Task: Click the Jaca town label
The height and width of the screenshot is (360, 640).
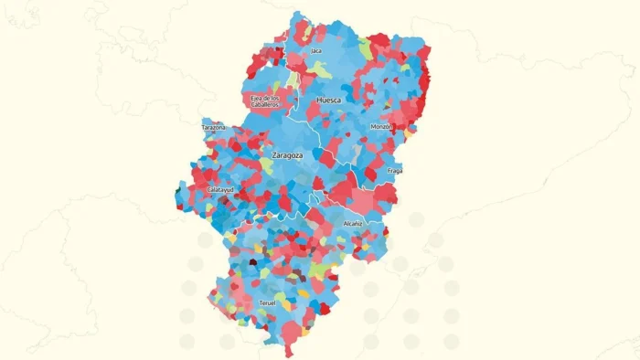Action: [316, 51]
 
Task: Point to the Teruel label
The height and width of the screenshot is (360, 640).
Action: [268, 302]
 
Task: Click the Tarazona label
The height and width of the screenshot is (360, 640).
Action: [214, 128]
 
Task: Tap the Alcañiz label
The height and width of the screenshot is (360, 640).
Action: [353, 223]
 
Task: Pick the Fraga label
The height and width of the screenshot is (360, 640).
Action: [395, 171]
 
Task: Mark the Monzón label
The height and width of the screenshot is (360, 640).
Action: [381, 126]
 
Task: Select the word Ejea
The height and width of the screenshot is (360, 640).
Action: [256, 97]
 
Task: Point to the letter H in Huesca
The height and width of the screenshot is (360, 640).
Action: [317, 100]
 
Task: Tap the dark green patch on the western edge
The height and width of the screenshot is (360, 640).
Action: [177, 191]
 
